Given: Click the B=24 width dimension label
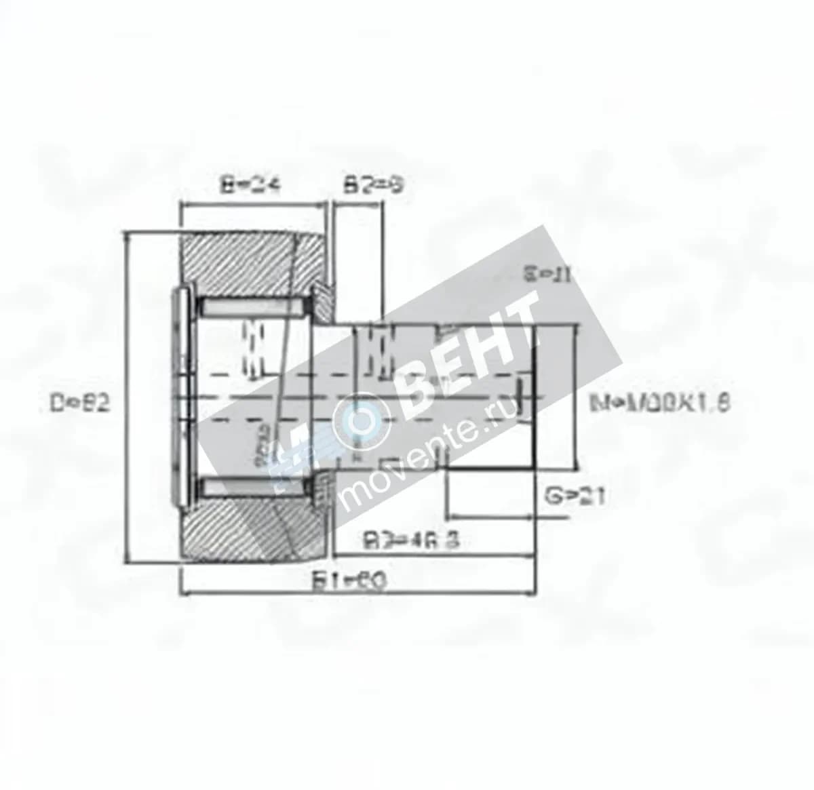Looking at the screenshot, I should (x=251, y=184).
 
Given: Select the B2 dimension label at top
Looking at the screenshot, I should (x=373, y=184).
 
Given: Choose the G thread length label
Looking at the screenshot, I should (x=575, y=496).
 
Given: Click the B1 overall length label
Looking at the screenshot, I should (x=349, y=580).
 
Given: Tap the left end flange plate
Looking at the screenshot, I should (x=182, y=397).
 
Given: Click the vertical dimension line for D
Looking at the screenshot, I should (x=128, y=397).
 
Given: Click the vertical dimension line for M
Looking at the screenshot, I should (x=577, y=397).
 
